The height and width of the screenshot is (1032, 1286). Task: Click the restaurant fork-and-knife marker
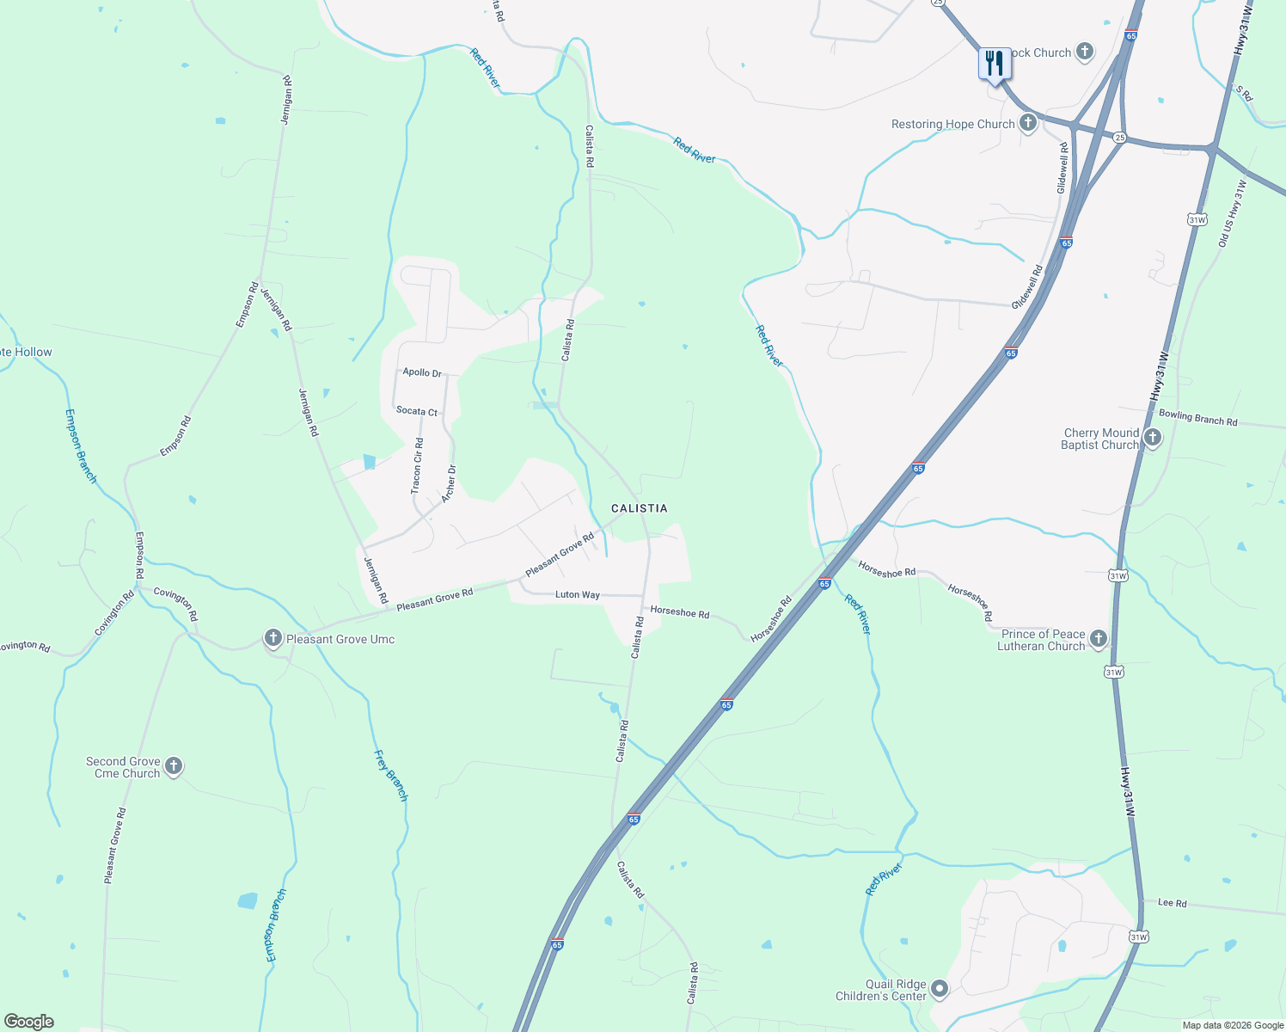994,64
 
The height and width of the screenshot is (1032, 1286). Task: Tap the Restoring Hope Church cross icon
1027,123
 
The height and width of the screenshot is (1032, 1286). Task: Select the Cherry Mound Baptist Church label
1101,439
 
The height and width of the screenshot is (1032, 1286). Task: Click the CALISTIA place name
639,508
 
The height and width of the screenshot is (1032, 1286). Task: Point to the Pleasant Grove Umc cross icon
273,638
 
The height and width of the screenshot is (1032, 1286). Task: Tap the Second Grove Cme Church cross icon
173,765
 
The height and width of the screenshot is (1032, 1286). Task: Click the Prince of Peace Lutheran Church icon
1098,638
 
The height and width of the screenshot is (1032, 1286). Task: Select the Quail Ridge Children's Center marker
940,989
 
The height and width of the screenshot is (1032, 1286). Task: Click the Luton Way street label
578,594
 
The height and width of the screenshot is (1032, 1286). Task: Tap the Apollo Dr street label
422,372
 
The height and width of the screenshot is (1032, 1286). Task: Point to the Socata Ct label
417,411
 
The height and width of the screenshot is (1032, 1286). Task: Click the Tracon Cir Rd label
417,465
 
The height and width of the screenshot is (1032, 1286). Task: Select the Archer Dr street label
449,484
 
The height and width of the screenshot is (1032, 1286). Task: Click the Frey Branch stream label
390,776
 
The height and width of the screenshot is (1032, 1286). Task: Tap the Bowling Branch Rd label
1197,418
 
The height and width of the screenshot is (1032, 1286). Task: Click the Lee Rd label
1172,903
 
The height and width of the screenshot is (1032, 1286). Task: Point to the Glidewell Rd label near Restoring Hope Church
1063,168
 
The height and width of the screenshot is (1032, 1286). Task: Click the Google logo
28,1022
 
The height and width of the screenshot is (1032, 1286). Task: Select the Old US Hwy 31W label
1231,213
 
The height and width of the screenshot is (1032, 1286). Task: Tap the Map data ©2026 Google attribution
1233,1025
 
